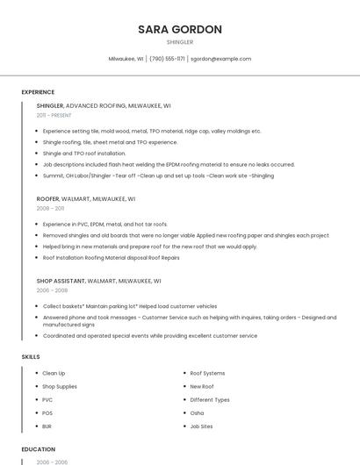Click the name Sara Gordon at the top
pyautogui.click(x=179, y=29)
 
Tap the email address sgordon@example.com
pyautogui.click(x=220, y=59)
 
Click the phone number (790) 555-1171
pyautogui.click(x=167, y=59)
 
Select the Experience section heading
pyautogui.click(x=38, y=92)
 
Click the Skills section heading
pyautogui.click(x=31, y=357)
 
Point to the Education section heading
pyautogui.click(x=39, y=448)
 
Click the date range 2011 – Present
pyautogui.click(x=54, y=115)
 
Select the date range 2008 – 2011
pyautogui.click(x=50, y=209)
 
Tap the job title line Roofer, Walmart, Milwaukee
pyautogui.click(x=98, y=199)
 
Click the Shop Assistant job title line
pyautogui.click(x=98, y=281)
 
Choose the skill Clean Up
pyautogui.click(x=54, y=373)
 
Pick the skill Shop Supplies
pyautogui.click(x=60, y=386)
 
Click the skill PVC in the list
pyautogui.click(x=47, y=399)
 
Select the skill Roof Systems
pyautogui.click(x=207, y=373)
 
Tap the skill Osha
pyautogui.click(x=197, y=412)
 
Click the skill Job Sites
pyautogui.click(x=201, y=426)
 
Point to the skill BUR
pyautogui.click(x=47, y=426)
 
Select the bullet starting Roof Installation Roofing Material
pyautogui.click(x=111, y=258)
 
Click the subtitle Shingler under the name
pyautogui.click(x=179, y=42)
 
